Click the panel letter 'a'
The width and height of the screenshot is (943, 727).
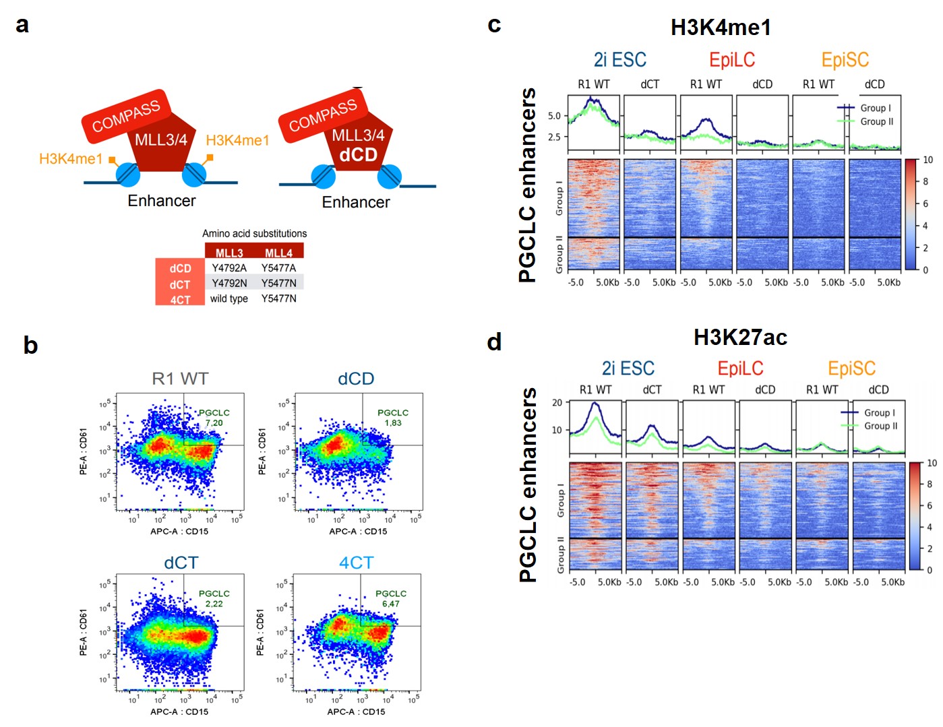tap(22, 25)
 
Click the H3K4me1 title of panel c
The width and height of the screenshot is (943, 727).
tap(721, 28)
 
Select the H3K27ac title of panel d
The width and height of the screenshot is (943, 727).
tap(740, 337)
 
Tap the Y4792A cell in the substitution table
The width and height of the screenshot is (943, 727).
tap(229, 268)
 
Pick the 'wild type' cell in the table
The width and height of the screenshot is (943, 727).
tap(229, 298)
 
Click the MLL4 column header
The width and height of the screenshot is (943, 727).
tap(278, 253)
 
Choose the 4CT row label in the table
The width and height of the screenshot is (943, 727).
tap(180, 300)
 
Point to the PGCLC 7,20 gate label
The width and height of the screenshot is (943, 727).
tap(214, 418)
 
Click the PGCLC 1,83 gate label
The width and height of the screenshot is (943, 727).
tap(393, 418)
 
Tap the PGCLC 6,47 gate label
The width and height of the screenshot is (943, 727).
tap(391, 598)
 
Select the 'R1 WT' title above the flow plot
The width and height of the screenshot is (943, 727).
tap(180, 379)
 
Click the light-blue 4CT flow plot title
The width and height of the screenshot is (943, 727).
tap(356, 563)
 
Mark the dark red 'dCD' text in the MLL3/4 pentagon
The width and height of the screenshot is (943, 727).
tap(358, 155)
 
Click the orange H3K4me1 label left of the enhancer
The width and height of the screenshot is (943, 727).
tap(71, 159)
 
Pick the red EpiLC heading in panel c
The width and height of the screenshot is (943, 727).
tap(732, 60)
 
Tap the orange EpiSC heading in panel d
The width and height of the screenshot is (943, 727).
tap(851, 369)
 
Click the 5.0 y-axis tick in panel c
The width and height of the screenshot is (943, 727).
tap(554, 116)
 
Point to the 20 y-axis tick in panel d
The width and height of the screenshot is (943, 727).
tap(557, 403)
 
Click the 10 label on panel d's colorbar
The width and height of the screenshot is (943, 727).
tap(932, 464)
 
